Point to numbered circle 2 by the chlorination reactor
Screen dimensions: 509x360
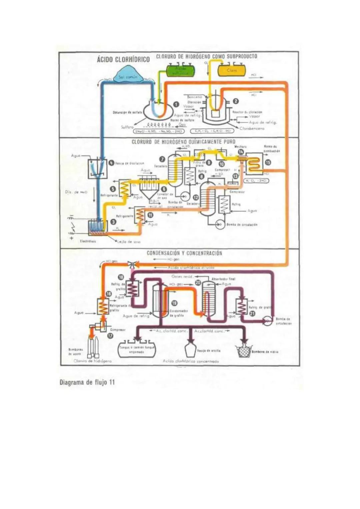coord(235,101)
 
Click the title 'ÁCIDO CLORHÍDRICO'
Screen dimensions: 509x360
coord(123,60)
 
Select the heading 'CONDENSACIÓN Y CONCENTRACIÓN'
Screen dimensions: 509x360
coord(184,253)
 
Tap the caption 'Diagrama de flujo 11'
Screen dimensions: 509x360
coord(87,382)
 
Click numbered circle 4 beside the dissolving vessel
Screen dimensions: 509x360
coord(111,163)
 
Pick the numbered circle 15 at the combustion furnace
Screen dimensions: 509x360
coord(267,162)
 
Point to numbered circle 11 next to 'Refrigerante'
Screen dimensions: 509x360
coord(150,215)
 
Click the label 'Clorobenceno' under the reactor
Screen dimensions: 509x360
coord(252,128)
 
